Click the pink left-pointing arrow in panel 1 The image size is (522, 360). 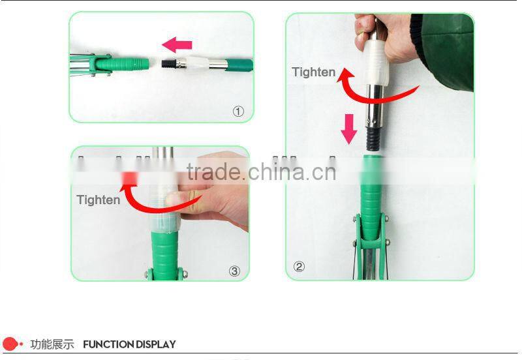[x=177, y=45]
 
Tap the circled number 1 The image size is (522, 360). [x=238, y=112]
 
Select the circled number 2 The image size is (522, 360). [x=299, y=266]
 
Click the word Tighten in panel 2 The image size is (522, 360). [x=313, y=72]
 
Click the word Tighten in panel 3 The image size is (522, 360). [x=99, y=200]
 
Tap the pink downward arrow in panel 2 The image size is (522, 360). [x=350, y=128]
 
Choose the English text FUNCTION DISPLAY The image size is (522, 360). [x=129, y=344]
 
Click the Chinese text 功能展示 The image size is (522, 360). [x=52, y=344]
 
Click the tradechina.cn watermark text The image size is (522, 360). [x=261, y=172]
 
